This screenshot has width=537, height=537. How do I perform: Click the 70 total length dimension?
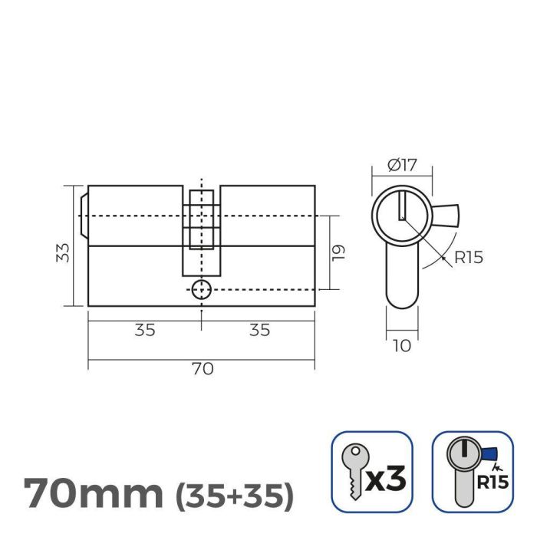coord(202,368)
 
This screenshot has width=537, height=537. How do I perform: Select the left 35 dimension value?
coord(145,330)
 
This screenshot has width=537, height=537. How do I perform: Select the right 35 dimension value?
coord(259,330)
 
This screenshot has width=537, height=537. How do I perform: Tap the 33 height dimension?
coord(64,252)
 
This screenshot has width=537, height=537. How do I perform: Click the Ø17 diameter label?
coord(401,164)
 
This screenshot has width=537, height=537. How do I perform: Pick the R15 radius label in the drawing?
coord(468,257)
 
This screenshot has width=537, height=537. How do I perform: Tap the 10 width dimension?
coord(400,346)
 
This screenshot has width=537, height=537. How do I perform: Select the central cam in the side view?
coord(201,230)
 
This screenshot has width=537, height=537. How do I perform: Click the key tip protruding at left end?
coord(84,216)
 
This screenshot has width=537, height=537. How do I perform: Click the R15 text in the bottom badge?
coord(491,483)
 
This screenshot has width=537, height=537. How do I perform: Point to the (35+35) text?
coord(235,496)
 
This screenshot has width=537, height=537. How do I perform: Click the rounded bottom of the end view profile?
coord(400,299)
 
